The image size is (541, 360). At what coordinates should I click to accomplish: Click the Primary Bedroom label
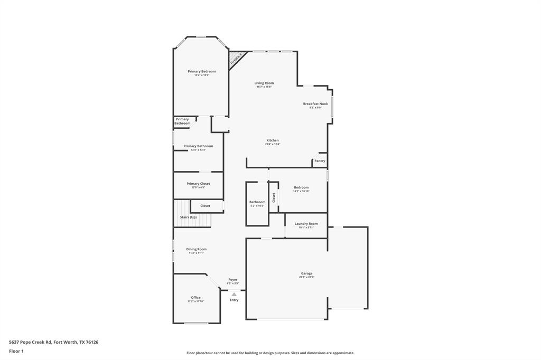(x=201, y=71)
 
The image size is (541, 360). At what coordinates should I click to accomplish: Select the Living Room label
(x=264, y=83)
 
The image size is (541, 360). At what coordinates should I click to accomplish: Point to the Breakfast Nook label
(x=315, y=104)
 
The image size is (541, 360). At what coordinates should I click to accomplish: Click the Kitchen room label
(x=272, y=140)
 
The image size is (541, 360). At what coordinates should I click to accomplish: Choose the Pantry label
(x=320, y=161)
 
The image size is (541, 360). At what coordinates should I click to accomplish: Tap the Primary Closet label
(x=198, y=184)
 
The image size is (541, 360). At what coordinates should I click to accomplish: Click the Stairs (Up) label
(x=188, y=217)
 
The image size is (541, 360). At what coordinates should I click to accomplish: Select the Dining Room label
(x=196, y=249)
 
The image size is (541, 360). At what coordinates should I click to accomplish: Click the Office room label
(x=195, y=298)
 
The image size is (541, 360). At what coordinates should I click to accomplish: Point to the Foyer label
(x=232, y=280)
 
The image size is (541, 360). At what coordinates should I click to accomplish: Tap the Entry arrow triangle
(x=234, y=295)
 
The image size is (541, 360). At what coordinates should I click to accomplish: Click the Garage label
(x=306, y=273)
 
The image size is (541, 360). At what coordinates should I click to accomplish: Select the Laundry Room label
(x=306, y=224)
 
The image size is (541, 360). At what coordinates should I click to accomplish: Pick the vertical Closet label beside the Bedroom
(x=274, y=197)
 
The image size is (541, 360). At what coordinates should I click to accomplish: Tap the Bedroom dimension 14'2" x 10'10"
(x=301, y=191)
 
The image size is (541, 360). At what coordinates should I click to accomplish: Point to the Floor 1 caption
(x=16, y=351)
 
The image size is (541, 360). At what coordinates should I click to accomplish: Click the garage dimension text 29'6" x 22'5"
(x=306, y=277)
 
